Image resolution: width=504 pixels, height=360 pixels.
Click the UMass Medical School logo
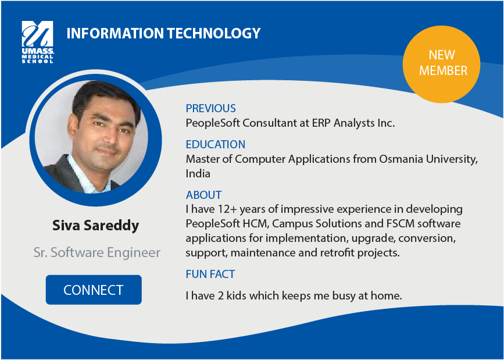(x=38, y=42)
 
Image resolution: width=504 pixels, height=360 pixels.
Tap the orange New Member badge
(x=441, y=65)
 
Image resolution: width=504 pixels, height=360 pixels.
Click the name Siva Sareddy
(x=96, y=226)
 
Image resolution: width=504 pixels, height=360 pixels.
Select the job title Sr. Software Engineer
(x=97, y=252)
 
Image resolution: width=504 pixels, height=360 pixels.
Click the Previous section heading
(x=210, y=108)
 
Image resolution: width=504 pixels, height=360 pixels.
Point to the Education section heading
(x=215, y=144)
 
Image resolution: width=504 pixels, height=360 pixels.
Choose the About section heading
(x=203, y=195)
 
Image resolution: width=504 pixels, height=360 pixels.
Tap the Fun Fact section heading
(x=210, y=274)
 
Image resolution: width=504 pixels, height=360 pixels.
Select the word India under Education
(x=198, y=174)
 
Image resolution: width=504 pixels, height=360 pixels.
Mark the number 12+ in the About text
(x=227, y=209)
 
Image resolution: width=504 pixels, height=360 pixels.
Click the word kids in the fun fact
(x=236, y=295)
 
